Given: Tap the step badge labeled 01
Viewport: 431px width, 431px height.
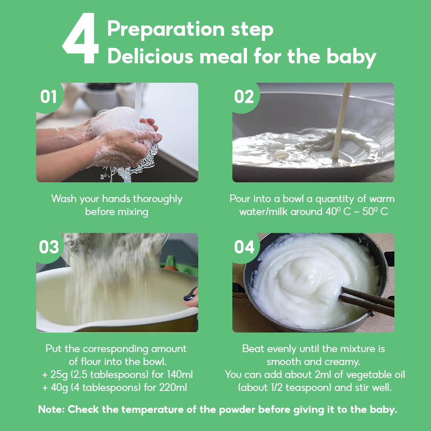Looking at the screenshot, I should coord(49,97).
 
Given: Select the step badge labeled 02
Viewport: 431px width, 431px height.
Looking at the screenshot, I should coord(244,97).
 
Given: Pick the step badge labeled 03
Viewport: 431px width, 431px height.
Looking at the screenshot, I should coord(49,247).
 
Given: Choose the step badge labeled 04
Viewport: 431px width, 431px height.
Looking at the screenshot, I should coord(244,247).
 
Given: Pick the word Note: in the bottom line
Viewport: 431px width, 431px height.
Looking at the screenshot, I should coord(51,410).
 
